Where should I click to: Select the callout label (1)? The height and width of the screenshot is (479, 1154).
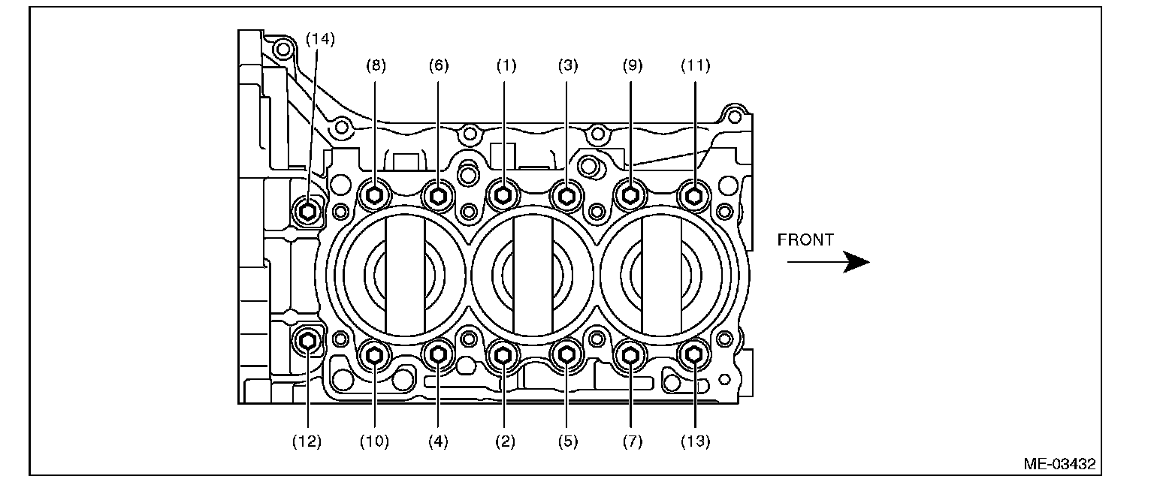coord(506,65)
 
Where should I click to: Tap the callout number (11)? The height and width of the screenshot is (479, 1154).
coord(695,65)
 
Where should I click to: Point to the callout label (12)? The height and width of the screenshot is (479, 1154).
coord(307,441)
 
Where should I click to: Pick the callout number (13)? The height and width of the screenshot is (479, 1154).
coord(695,441)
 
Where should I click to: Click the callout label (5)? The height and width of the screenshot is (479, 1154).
coord(568,441)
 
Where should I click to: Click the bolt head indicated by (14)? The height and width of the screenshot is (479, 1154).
coord(307,210)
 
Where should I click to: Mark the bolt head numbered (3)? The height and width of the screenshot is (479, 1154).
coord(566,196)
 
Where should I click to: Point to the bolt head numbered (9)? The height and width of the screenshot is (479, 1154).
coord(630,196)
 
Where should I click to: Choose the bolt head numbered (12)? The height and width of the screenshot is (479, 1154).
coord(307,342)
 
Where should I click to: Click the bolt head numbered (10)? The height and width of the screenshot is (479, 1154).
coord(374,354)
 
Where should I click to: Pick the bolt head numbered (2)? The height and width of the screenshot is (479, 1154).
coord(503,354)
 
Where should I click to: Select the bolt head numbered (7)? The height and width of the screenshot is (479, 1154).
coord(631,354)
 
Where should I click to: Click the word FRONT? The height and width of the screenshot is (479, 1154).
coord(805,240)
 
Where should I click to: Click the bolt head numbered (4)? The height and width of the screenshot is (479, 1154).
coord(438,354)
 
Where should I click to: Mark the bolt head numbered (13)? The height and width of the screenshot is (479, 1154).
coord(694,354)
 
